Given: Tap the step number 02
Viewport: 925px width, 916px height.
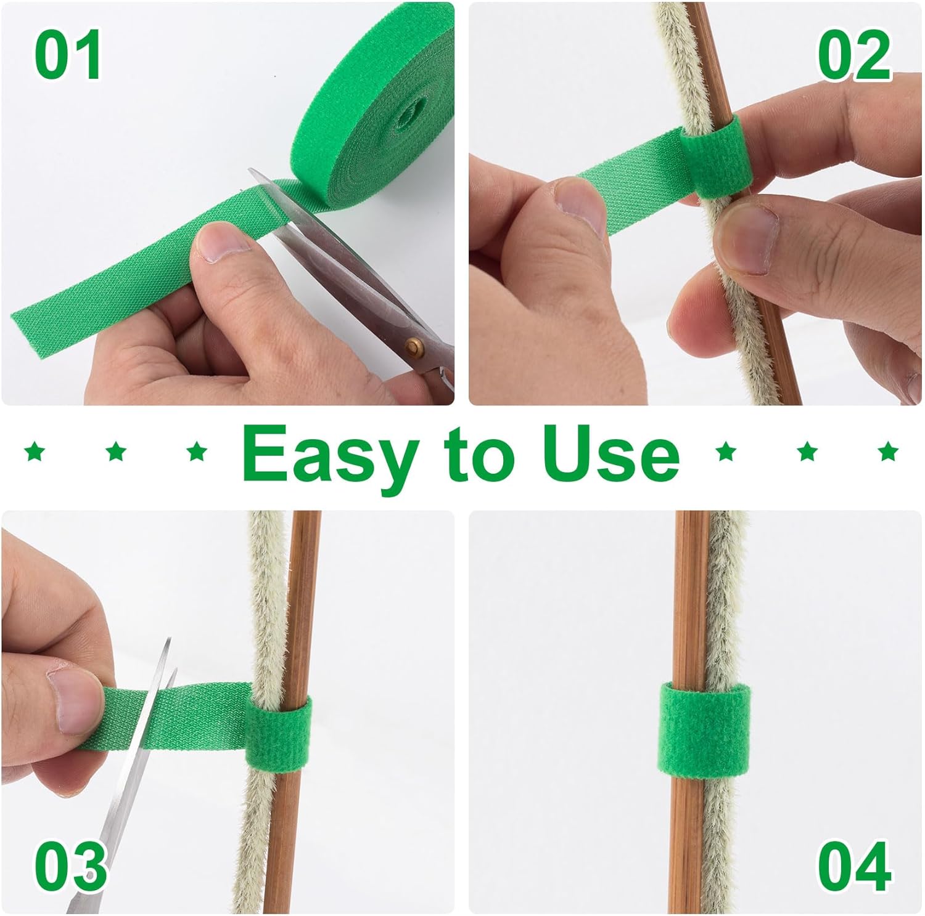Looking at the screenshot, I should (x=854, y=56).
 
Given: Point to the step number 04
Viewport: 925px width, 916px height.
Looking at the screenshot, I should (x=855, y=865).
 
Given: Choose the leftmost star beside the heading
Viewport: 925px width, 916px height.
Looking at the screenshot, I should (x=35, y=452).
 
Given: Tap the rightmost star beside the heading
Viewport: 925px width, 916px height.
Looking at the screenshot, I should (x=888, y=452).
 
